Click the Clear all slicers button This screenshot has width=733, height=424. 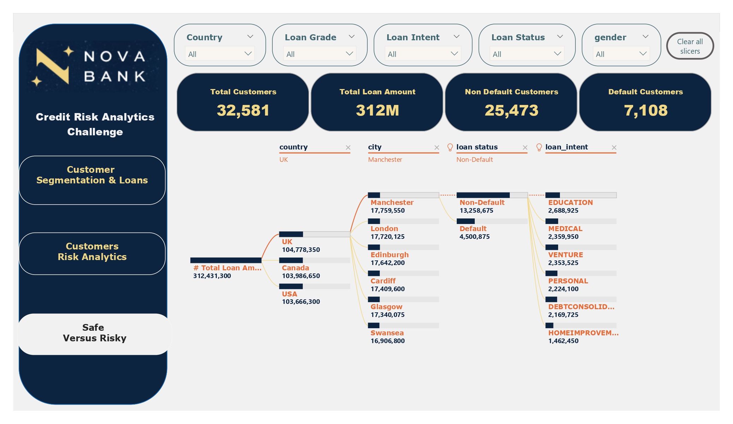(690, 46)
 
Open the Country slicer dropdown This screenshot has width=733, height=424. (219, 54)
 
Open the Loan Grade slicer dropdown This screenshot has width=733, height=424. (319, 54)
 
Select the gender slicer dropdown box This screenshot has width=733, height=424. (621, 54)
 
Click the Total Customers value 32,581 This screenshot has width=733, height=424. (243, 110)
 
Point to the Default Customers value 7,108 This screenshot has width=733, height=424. (646, 110)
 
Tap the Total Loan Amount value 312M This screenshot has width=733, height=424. (377, 110)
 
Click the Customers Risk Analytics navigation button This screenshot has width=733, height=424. (92, 252)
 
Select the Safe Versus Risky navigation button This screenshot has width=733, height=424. (94, 333)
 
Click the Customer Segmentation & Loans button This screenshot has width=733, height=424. (92, 175)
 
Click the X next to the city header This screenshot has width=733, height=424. (437, 148)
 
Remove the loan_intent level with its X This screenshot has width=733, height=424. (614, 148)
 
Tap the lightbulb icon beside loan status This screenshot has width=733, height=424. (450, 147)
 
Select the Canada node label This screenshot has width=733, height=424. (295, 268)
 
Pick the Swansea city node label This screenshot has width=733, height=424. (387, 333)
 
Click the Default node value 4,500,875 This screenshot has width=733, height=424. (474, 237)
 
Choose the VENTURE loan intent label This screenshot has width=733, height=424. (566, 255)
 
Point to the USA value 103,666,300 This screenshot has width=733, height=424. (301, 302)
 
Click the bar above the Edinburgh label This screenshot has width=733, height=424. (403, 247)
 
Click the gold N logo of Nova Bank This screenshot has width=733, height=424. (53, 66)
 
